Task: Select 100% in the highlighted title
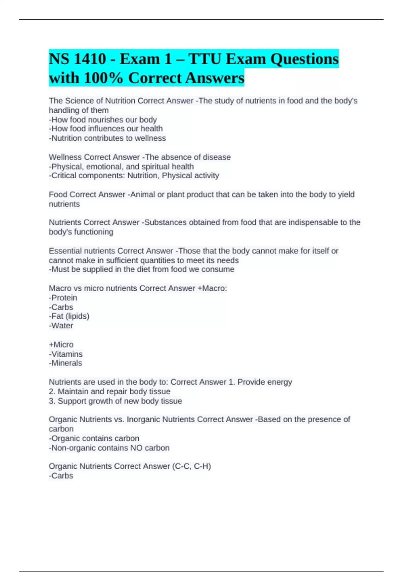coord(103,78)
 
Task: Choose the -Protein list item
coord(63,298)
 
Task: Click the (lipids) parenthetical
coord(78,316)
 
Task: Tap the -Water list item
coord(61,326)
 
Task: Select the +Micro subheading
coord(61,345)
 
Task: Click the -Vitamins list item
coord(66,354)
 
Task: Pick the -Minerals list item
coord(65,363)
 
